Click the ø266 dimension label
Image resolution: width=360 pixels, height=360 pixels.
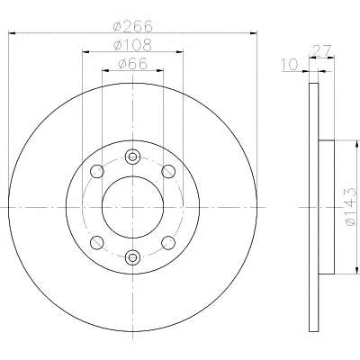133,26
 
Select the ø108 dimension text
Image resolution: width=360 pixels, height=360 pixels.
132,45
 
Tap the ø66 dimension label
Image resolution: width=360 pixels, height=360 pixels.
133,64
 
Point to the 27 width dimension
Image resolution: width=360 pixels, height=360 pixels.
321,50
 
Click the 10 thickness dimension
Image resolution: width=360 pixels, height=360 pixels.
290,65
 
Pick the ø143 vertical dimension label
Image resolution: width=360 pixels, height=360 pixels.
350,207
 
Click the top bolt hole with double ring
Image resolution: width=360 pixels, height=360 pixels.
132,157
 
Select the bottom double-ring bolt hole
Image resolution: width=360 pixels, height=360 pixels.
132,257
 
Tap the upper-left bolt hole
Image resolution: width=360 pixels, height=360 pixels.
97,171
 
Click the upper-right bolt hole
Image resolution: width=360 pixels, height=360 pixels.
168,171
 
